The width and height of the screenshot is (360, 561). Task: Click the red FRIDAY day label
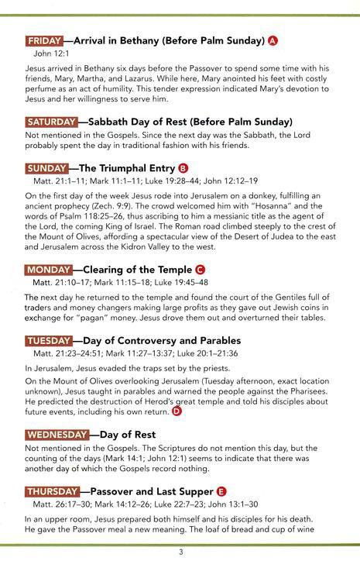(45, 40)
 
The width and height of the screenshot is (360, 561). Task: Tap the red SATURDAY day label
(51, 122)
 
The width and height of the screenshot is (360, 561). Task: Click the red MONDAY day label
(48, 269)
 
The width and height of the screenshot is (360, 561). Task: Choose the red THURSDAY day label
(53, 491)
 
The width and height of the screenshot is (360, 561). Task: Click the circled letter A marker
(273, 40)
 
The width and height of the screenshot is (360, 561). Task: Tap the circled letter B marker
(183, 167)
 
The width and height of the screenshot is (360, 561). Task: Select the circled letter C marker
(200, 270)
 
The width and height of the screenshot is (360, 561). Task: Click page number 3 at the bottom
(180, 552)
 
